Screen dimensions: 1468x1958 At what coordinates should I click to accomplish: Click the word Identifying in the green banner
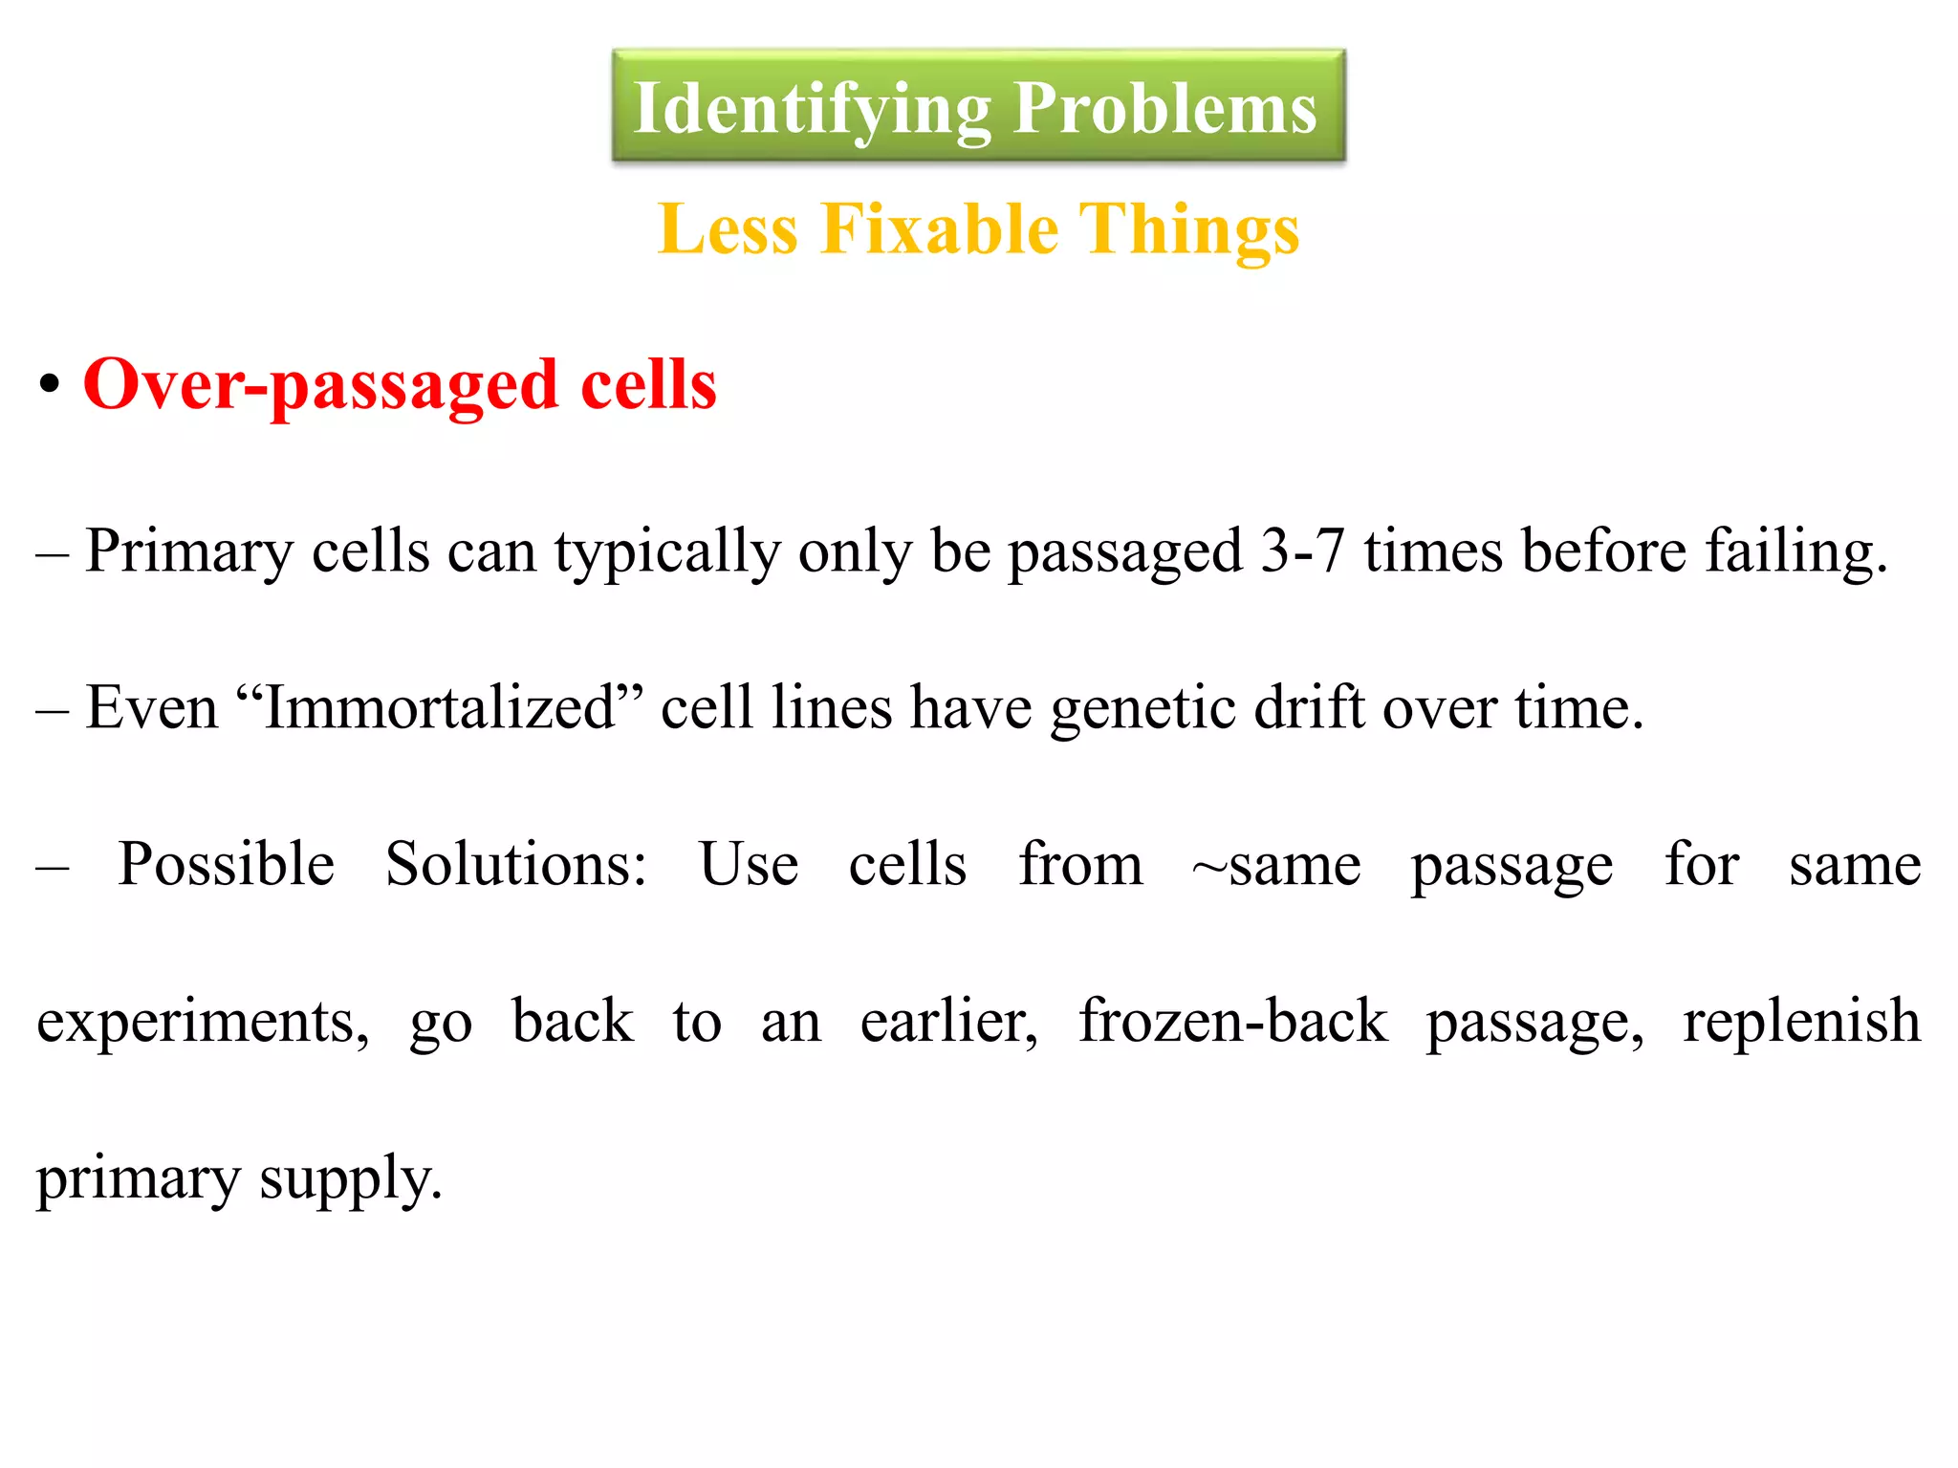(x=812, y=108)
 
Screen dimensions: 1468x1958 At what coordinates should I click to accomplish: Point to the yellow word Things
(x=1189, y=229)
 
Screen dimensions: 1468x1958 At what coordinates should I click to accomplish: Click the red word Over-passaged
(x=320, y=384)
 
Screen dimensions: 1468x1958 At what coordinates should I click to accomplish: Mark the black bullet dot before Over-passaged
(x=50, y=386)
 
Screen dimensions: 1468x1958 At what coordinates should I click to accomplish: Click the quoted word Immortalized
(x=440, y=708)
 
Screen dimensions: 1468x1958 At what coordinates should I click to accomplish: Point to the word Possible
(x=226, y=865)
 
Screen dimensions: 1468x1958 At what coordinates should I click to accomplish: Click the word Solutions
(x=516, y=865)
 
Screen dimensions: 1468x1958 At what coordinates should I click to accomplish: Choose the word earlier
(x=948, y=1022)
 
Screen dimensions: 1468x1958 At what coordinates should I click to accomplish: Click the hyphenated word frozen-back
(x=1233, y=1022)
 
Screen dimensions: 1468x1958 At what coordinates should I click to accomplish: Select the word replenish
(x=1801, y=1022)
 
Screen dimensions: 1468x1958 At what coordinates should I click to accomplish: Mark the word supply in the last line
(x=351, y=1178)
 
